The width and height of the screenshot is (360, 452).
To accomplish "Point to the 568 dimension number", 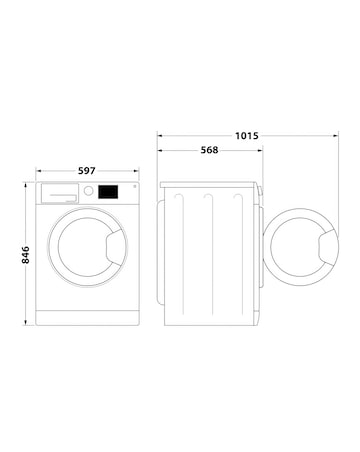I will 209,153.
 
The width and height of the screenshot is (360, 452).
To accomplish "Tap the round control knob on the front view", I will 89,190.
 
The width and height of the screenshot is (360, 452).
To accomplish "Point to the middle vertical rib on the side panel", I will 208,250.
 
